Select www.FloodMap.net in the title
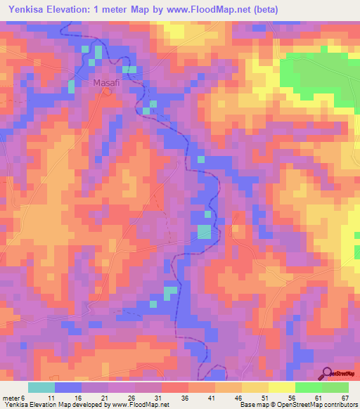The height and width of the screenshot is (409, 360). click(x=211, y=10)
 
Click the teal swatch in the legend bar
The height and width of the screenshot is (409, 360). click(x=41, y=387)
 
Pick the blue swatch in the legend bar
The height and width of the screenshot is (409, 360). click(x=68, y=387)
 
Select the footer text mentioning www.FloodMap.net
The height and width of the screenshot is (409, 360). click(x=84, y=405)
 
